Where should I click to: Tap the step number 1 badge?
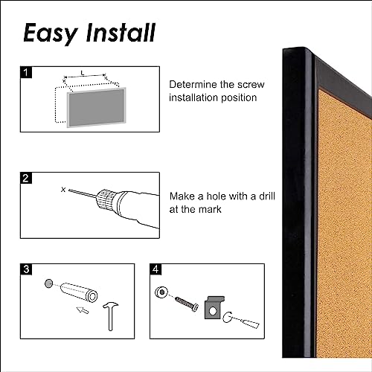[x=28, y=74]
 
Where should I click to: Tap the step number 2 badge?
[x=28, y=179]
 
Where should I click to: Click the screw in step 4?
[x=185, y=303]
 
